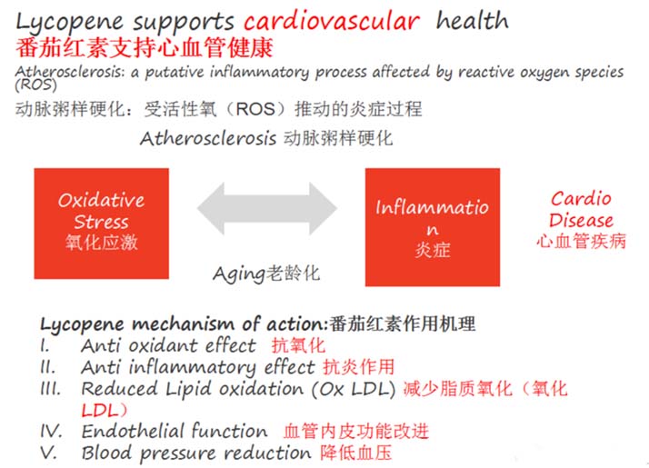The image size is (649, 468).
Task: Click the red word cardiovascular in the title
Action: pos(332,22)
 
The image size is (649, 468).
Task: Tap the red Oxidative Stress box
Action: pos(102,224)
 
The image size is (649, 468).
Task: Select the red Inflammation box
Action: pos(433,227)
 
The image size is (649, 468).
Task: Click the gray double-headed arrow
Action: pos(267,209)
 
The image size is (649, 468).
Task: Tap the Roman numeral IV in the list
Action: pos(51,431)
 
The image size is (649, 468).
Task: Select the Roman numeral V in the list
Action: pos(48,453)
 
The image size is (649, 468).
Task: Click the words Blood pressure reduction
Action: pos(196,453)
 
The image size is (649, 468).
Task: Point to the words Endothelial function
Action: pos(175,431)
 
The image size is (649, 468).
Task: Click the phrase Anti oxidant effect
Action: pos(168,345)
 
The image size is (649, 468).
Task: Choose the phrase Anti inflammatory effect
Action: pos(198,367)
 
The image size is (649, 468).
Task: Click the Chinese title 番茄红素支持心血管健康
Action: pos(145,48)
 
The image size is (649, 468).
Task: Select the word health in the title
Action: pos(473,20)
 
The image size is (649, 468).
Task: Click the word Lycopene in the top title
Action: pos(69,23)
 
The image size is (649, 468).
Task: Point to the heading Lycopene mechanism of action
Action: pos(185,324)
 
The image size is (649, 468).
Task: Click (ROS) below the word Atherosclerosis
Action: pos(36,85)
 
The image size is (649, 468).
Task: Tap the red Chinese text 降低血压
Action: pos(356,453)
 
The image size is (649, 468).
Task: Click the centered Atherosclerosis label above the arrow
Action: pos(208,138)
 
